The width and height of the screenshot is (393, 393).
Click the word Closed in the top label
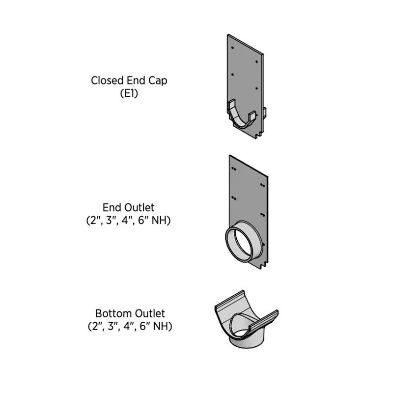[x=107, y=81]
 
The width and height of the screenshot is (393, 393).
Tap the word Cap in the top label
[x=158, y=81]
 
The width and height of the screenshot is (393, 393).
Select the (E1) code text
[x=129, y=94]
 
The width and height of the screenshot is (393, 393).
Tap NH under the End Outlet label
[x=161, y=221]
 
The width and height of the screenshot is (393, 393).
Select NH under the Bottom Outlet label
[x=163, y=327]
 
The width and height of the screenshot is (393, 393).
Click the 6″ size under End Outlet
[x=143, y=221]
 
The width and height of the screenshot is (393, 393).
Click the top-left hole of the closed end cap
[x=232, y=48]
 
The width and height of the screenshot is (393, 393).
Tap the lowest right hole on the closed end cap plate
[x=256, y=88]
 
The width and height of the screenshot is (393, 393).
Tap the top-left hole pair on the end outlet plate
[x=234, y=168]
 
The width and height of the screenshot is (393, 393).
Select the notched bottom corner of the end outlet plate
[x=264, y=266]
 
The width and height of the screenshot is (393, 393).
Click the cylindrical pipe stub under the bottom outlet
[x=247, y=341]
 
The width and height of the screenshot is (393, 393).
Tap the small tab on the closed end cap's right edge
[x=264, y=112]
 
